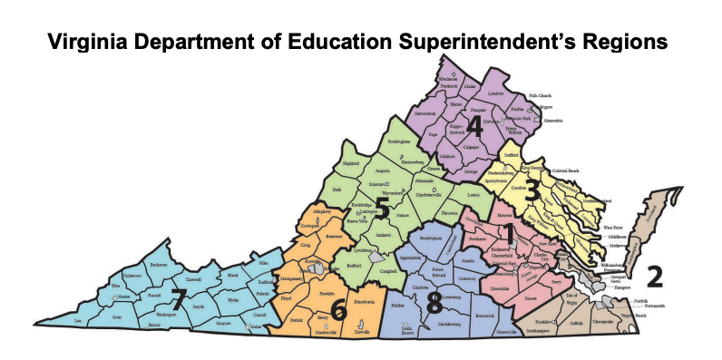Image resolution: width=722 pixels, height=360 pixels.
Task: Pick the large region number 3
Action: pyautogui.click(x=533, y=191)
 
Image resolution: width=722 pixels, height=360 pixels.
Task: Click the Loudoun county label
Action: pyautogui.click(x=495, y=92)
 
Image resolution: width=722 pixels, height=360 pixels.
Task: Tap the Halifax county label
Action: pyautogui.click(x=397, y=306)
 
